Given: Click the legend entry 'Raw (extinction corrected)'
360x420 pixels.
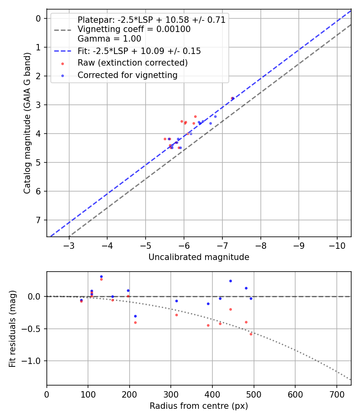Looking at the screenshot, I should point(132,63).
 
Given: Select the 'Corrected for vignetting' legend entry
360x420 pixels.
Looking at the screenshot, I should point(128,75).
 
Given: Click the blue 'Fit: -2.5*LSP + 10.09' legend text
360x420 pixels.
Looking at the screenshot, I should point(139,51).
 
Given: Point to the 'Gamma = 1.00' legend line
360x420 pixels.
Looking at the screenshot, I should point(109,39).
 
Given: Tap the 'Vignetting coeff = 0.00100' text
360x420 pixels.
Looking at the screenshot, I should point(134,29).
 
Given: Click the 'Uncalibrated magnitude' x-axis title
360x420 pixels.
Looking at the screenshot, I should point(199,257).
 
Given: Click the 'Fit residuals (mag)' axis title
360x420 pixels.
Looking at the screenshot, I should point(12,328).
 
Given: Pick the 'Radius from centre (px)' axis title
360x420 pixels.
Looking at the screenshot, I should point(199,406).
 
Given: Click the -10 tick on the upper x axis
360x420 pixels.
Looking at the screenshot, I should point(337,245).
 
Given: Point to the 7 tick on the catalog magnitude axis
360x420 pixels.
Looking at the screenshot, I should point(38,220).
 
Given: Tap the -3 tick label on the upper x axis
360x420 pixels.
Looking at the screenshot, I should point(69,245).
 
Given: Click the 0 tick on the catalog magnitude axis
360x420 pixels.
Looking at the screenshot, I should point(38,18).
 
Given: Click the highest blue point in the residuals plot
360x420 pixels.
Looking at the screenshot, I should point(101,276).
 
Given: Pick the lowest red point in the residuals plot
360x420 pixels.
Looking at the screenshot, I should point(251,334).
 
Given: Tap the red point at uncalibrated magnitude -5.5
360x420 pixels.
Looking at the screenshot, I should point(165,139).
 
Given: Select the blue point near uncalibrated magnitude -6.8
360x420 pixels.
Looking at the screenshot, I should point(215,116).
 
